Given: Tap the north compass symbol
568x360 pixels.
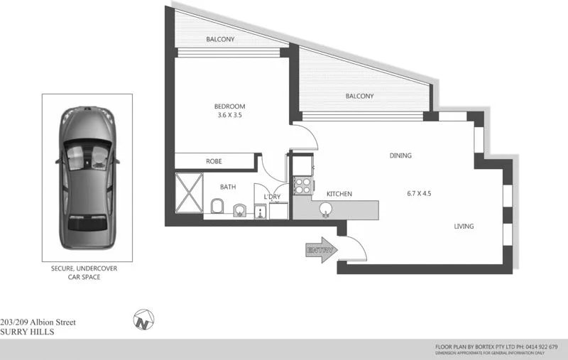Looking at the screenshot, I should pyautogui.click(x=143, y=320).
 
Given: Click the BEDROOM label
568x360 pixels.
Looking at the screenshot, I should pyautogui.click(x=229, y=107).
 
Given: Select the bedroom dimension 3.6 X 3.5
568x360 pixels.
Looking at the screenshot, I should pyautogui.click(x=229, y=116).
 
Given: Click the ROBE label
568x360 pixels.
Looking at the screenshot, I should pyautogui.click(x=214, y=162).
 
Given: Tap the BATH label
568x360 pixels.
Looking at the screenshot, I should pyautogui.click(x=228, y=187).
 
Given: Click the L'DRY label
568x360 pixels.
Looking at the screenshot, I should pyautogui.click(x=271, y=197).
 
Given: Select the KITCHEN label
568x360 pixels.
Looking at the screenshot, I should pyautogui.click(x=339, y=194).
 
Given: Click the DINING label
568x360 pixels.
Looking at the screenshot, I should pyautogui.click(x=400, y=156).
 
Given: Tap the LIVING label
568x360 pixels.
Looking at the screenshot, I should pyautogui.click(x=464, y=227).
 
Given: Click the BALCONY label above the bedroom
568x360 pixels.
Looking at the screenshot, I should pyautogui.click(x=221, y=40).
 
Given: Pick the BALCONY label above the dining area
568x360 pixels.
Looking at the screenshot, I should pyautogui.click(x=359, y=97).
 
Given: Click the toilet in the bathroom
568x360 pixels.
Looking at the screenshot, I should pyautogui.click(x=217, y=207).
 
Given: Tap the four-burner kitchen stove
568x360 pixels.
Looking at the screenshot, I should pyautogui.click(x=302, y=186).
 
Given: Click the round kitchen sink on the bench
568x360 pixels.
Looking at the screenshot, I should pyautogui.click(x=326, y=209).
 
